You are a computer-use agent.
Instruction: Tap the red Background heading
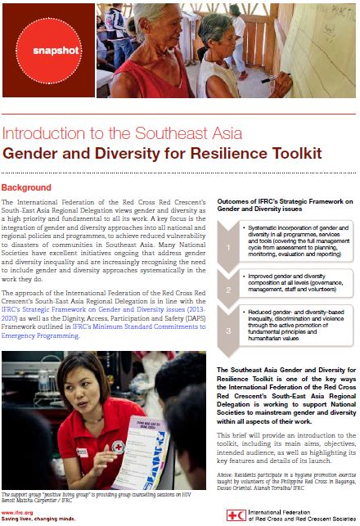pyautogui.click(x=26, y=187)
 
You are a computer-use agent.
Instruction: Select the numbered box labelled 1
pyautogui.click(x=228, y=244)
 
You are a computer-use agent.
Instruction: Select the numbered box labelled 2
pyautogui.click(x=228, y=290)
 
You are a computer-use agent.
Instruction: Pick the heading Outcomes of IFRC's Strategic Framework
pyautogui.click(x=282, y=205)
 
